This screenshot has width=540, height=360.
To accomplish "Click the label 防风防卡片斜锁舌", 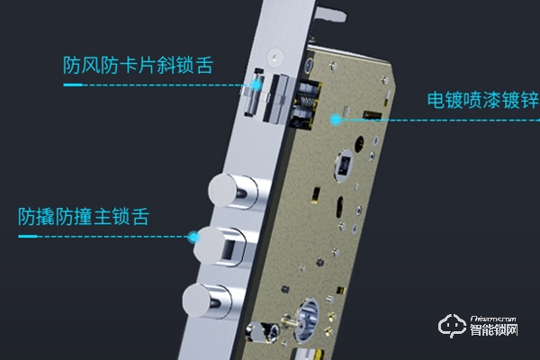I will (140, 66).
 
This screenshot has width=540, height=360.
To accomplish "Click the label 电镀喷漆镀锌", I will (477, 99).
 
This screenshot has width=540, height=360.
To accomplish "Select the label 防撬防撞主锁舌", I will (83, 217).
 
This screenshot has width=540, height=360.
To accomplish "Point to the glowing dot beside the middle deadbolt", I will (193, 238).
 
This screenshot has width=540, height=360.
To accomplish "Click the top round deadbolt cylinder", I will (229, 189).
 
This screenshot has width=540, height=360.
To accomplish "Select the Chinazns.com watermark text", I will (499, 318).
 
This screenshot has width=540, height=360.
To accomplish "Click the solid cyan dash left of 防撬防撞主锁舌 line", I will (28, 237).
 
